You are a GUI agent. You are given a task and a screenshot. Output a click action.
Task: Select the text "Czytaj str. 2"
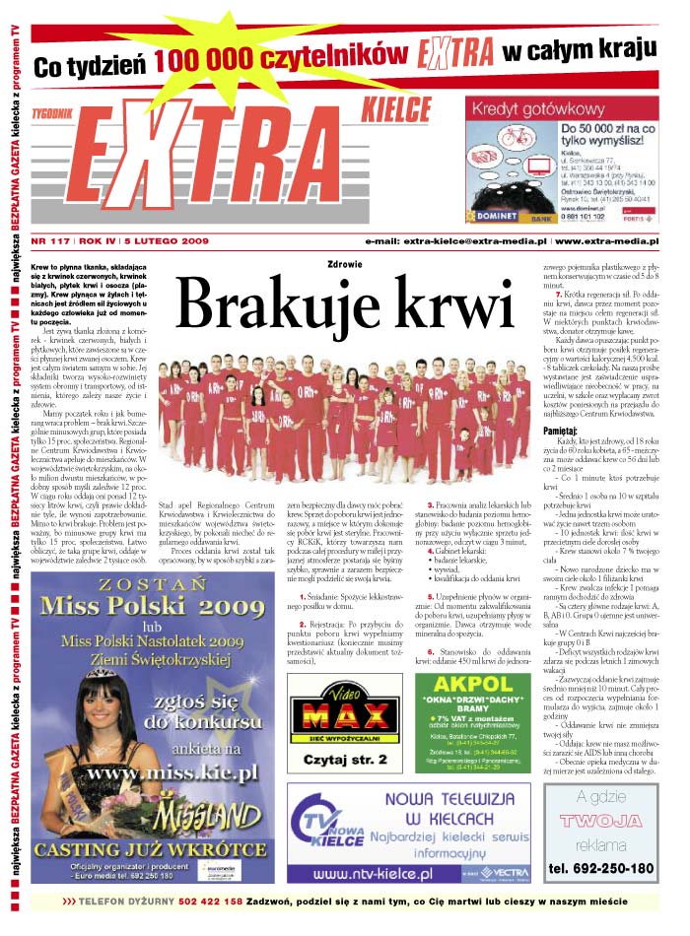[x=332, y=760]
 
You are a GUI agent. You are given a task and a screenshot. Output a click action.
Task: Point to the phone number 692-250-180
[x=601, y=868]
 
